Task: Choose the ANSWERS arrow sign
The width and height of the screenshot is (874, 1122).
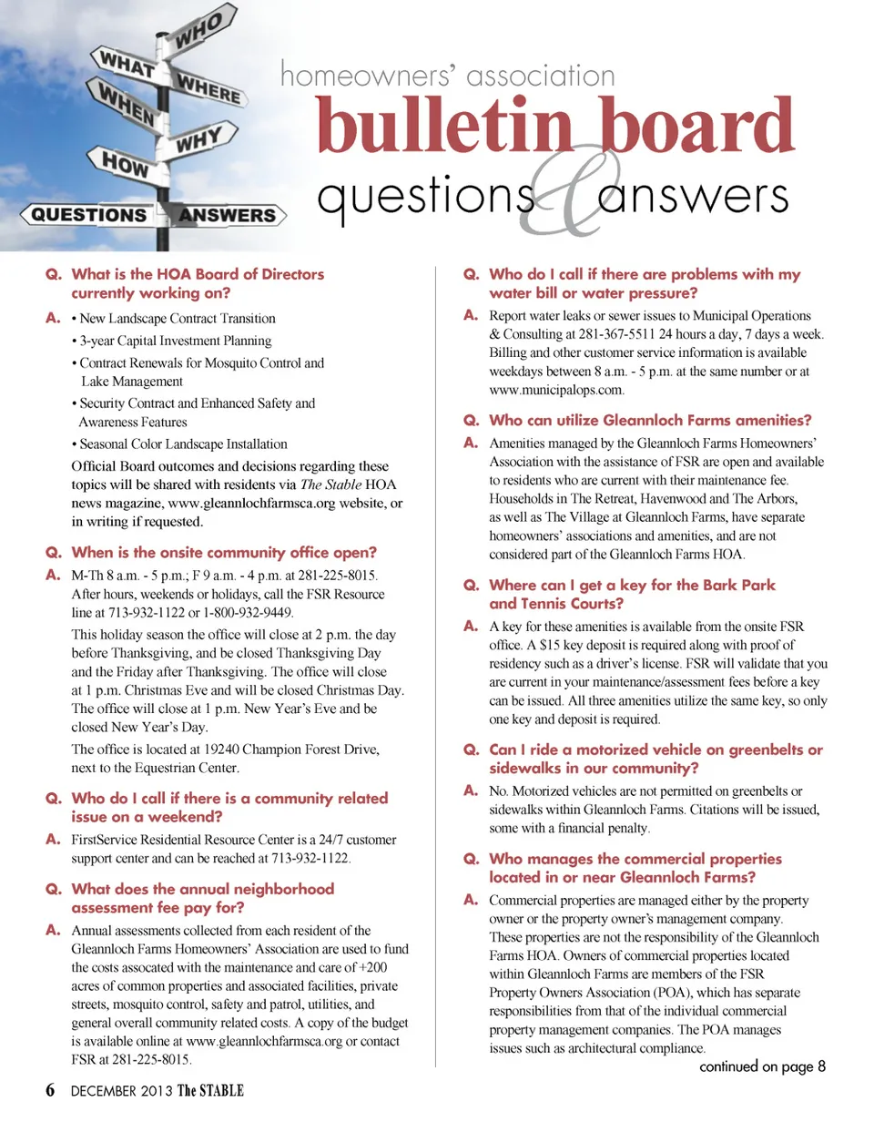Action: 228,215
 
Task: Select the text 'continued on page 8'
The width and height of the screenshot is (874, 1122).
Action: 762,1067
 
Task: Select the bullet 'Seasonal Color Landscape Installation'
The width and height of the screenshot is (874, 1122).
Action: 182,444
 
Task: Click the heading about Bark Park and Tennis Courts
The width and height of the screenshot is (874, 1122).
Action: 632,594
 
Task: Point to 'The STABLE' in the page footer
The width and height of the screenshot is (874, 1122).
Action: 210,1091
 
